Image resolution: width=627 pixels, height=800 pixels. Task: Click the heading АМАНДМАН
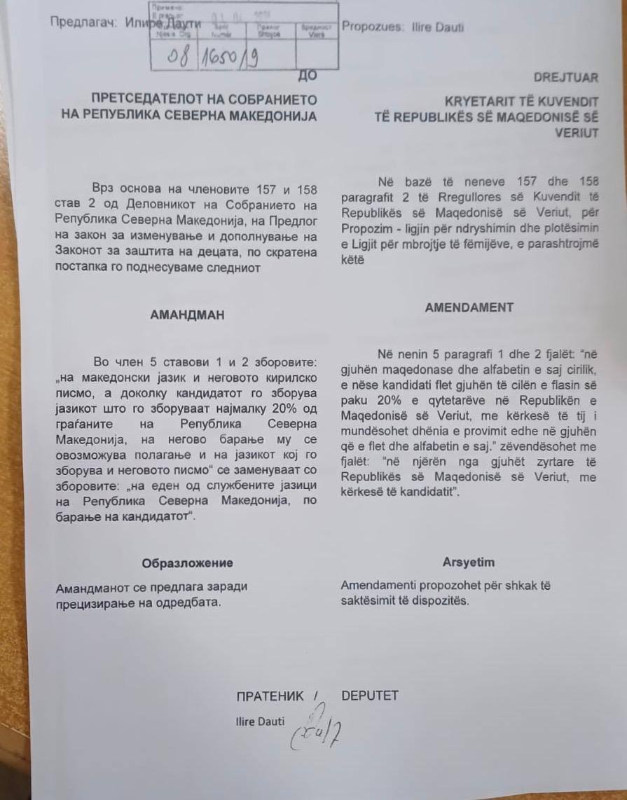coord(187,315)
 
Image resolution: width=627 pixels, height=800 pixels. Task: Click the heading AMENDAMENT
coord(469,307)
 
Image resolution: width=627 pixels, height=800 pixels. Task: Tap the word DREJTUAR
coord(566,78)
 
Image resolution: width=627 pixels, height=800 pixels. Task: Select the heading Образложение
coord(187,563)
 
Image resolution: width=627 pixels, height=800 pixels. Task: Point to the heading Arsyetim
coord(468,562)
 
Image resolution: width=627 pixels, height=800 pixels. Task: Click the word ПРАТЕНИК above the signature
coord(270,696)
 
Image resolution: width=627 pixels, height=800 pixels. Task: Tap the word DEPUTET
coord(369,696)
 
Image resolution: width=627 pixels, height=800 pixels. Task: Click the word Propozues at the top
coord(372,27)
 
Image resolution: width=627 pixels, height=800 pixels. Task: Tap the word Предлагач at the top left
coord(79,22)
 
